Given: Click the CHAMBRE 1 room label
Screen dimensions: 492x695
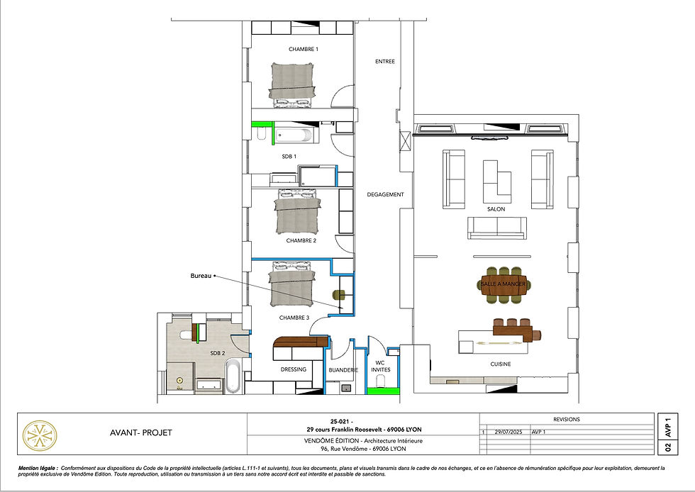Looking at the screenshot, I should tap(303, 49).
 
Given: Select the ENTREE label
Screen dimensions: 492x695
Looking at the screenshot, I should tap(384, 62).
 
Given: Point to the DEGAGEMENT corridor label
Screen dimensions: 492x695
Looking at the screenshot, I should tap(385, 194).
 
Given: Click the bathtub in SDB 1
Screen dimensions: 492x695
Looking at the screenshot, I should tap(297, 133).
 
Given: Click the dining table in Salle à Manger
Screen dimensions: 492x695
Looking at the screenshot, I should tap(504, 284).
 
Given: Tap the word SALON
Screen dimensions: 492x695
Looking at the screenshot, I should tap(496, 209).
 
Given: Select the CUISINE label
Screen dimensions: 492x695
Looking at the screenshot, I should tap(501, 364).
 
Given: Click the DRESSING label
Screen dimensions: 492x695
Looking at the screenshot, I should tap(293, 369).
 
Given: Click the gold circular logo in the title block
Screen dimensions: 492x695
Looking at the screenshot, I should tap(40, 435).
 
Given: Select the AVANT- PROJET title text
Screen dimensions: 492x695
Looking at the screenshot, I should tap(142, 433).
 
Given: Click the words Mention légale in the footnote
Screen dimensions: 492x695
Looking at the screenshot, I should tap(38, 469).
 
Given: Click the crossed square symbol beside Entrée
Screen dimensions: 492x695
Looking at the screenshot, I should tap(405, 141).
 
